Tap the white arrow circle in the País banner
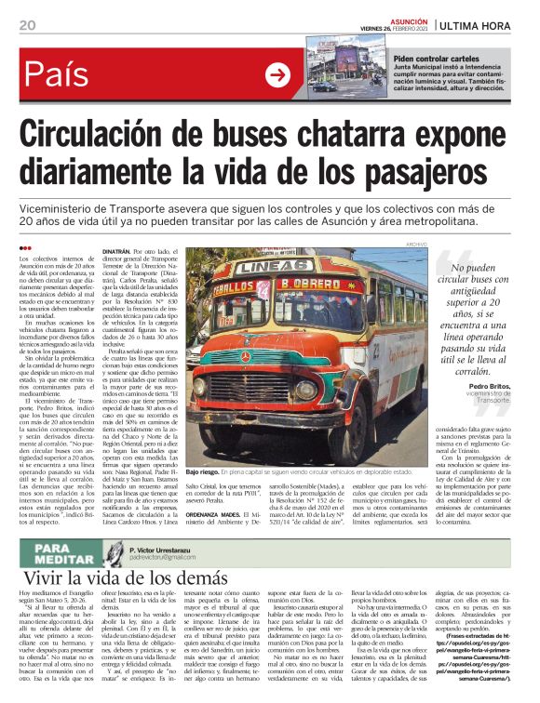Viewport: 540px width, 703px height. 277,73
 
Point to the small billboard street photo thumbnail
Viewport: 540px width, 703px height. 340,62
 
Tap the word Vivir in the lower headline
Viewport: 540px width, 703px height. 46,578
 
